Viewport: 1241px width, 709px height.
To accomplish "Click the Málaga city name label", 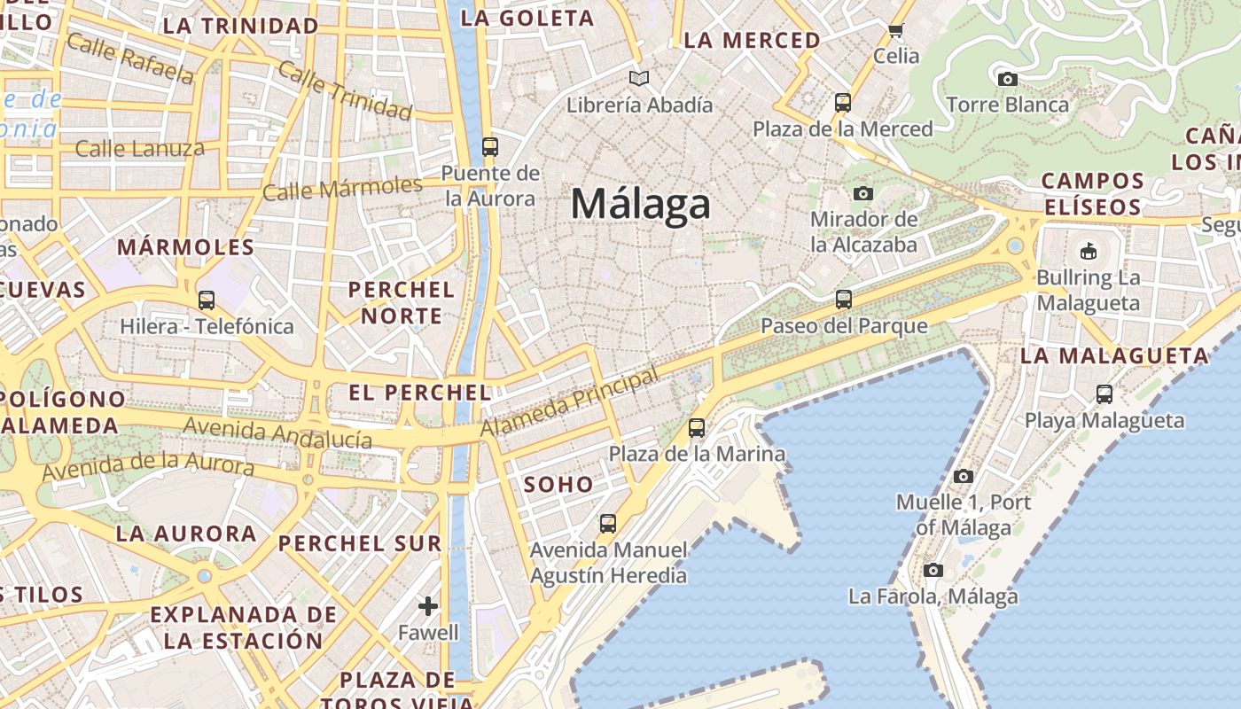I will pyautogui.click(x=640, y=204).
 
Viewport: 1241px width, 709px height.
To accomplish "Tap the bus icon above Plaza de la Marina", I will pyautogui.click(x=697, y=428).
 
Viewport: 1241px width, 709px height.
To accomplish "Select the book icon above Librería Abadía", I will pyautogui.click(x=639, y=79).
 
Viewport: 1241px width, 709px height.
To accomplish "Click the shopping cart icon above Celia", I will pyautogui.click(x=896, y=31).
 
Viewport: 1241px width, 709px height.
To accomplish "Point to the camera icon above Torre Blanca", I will pyautogui.click(x=1007, y=79).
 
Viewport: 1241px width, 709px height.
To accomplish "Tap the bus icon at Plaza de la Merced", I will pyautogui.click(x=843, y=103).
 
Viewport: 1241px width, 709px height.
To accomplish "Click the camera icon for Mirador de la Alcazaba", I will pyautogui.click(x=863, y=193).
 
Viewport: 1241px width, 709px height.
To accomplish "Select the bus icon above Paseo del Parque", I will pyautogui.click(x=844, y=300).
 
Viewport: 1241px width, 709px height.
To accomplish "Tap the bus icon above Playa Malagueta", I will pyautogui.click(x=1104, y=394).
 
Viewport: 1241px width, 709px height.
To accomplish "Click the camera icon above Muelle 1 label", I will pyautogui.click(x=964, y=477).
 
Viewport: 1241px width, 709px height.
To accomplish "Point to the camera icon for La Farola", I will pyautogui.click(x=933, y=570).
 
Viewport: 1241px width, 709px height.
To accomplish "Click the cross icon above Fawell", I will pyautogui.click(x=428, y=606).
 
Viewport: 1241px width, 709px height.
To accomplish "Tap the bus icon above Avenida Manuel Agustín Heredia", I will pyautogui.click(x=608, y=524).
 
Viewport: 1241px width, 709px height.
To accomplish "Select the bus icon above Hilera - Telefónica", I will pyautogui.click(x=207, y=300).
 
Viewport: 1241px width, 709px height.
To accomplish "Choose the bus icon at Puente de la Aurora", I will pyautogui.click(x=490, y=147).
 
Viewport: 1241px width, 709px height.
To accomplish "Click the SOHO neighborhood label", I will pyautogui.click(x=558, y=485).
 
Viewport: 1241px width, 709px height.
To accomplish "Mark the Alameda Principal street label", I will pyautogui.click(x=570, y=401).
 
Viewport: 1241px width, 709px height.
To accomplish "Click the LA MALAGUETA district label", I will pyautogui.click(x=1114, y=356).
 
